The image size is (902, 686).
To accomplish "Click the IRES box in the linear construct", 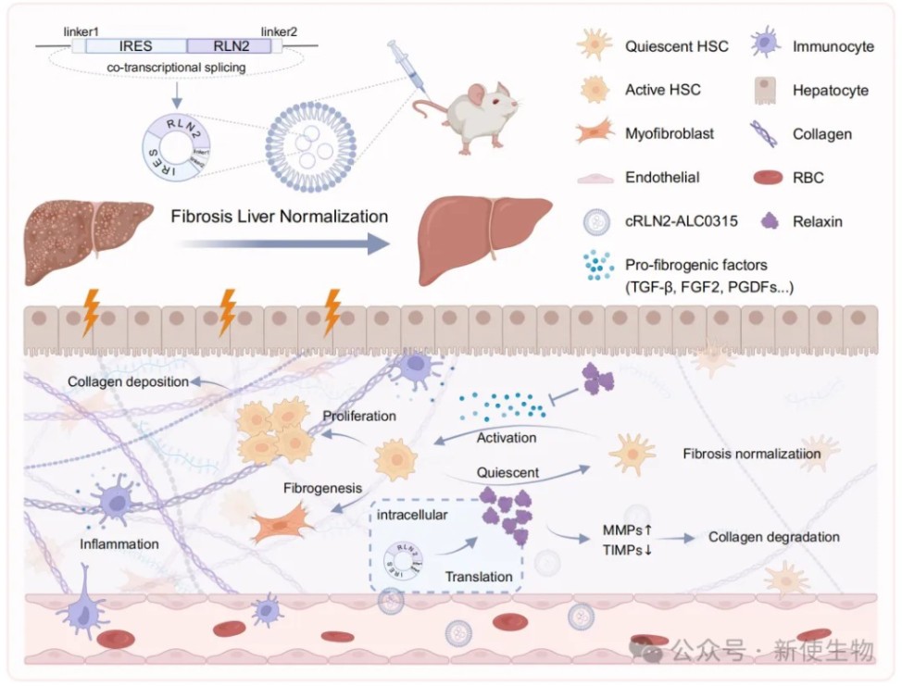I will click(x=135, y=44).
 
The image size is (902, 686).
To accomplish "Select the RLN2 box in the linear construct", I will click(x=229, y=44).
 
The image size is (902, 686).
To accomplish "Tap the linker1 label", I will click(x=81, y=31).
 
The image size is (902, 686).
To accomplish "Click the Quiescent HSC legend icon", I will click(x=593, y=45).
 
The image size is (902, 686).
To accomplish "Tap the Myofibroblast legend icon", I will click(x=593, y=134).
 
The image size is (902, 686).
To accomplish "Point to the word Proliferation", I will click(x=359, y=416).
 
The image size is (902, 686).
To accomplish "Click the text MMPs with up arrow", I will click(x=627, y=530).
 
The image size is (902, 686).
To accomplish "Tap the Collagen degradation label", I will click(x=773, y=537).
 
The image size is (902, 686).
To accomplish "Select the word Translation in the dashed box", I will click(x=478, y=577).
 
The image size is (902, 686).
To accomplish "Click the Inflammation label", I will click(x=119, y=543).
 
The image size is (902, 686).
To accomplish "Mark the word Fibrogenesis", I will click(x=321, y=486).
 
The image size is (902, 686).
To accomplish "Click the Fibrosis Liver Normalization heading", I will click(x=280, y=217).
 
